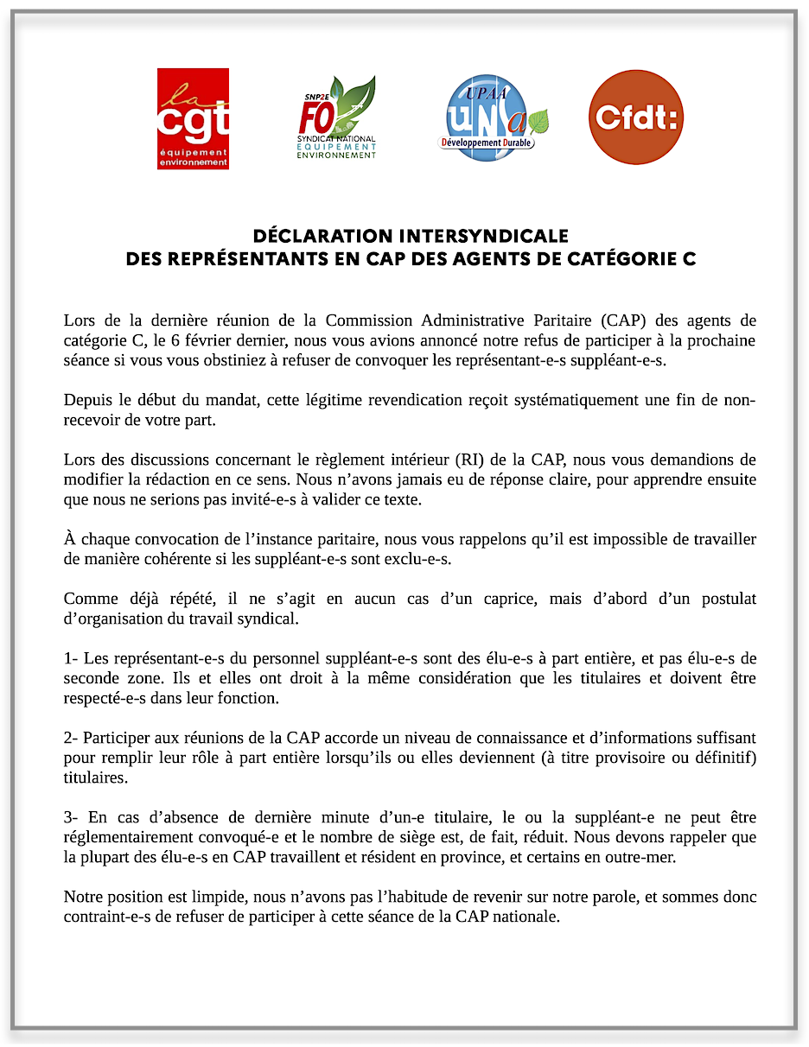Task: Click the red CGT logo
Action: pyautogui.click(x=193, y=118)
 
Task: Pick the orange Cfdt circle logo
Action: pyautogui.click(x=635, y=117)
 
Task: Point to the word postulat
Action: pyautogui.click(x=729, y=599)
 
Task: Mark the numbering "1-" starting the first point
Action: pyautogui.click(x=71, y=659)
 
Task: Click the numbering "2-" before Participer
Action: pyautogui.click(x=71, y=739)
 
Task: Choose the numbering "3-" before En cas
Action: pyautogui.click(x=71, y=817)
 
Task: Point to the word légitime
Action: pyautogui.click(x=288, y=400)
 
